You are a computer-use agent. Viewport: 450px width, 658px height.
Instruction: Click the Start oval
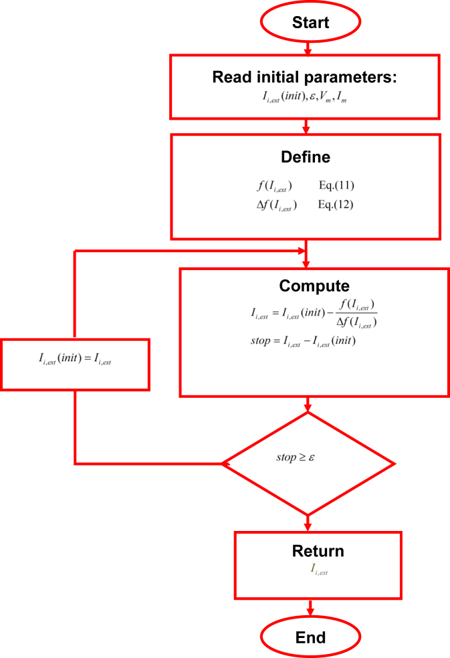310,22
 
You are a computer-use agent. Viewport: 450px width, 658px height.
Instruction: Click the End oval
310,637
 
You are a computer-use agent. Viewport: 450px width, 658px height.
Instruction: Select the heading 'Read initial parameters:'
305,77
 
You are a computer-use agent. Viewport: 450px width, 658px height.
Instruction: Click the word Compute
314,286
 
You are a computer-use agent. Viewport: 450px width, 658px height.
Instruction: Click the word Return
318,552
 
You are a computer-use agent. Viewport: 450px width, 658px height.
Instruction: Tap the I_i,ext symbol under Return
318,570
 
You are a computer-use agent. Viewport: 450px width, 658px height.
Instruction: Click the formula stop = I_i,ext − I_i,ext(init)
302,341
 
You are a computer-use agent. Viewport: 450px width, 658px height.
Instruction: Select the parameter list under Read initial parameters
305,98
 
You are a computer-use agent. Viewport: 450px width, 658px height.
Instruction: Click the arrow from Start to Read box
308,48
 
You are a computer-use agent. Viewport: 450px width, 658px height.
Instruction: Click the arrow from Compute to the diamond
308,404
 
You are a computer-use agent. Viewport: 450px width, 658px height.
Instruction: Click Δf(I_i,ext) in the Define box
272,205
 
